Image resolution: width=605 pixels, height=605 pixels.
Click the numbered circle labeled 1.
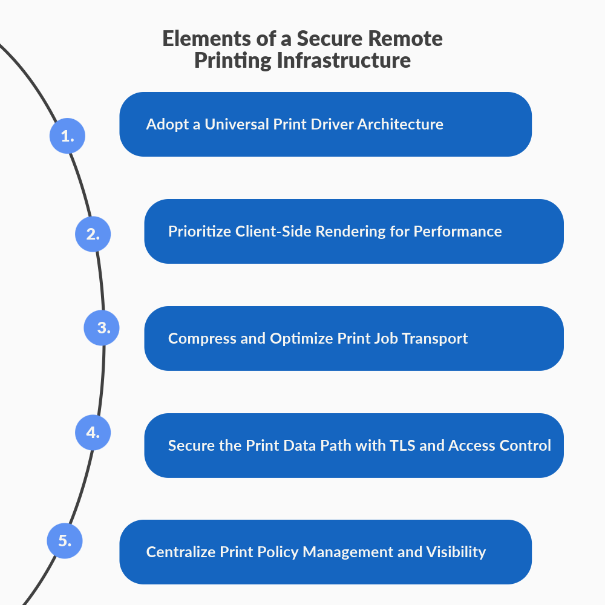[67, 136]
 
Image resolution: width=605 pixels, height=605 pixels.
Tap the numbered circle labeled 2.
[93, 234]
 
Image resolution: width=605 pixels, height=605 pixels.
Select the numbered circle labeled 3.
[101, 328]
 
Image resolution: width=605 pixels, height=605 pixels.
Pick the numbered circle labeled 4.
[93, 433]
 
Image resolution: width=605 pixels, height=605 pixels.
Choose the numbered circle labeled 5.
[65, 540]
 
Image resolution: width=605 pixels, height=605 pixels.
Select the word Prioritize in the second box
[197, 231]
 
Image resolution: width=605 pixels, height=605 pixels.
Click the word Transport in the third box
[436, 338]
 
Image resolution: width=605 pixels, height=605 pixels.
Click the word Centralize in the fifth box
[180, 552]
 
